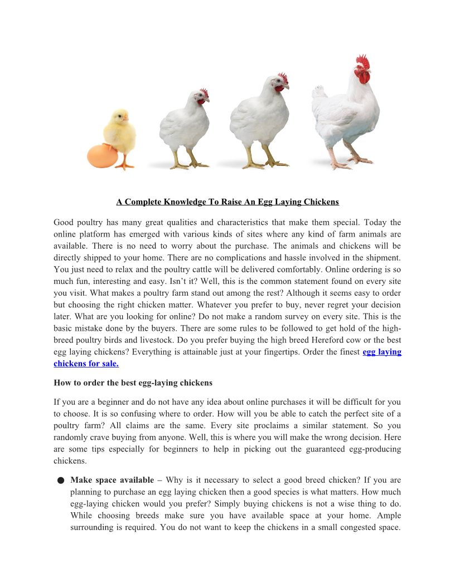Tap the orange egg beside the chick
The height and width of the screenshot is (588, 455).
pyautogui.click(x=102, y=156)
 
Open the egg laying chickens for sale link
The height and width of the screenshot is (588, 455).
pyautogui.click(x=382, y=352)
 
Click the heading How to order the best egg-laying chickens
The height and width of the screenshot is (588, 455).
pyautogui.click(x=133, y=383)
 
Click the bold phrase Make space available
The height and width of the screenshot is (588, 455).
pyautogui.click(x=112, y=480)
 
